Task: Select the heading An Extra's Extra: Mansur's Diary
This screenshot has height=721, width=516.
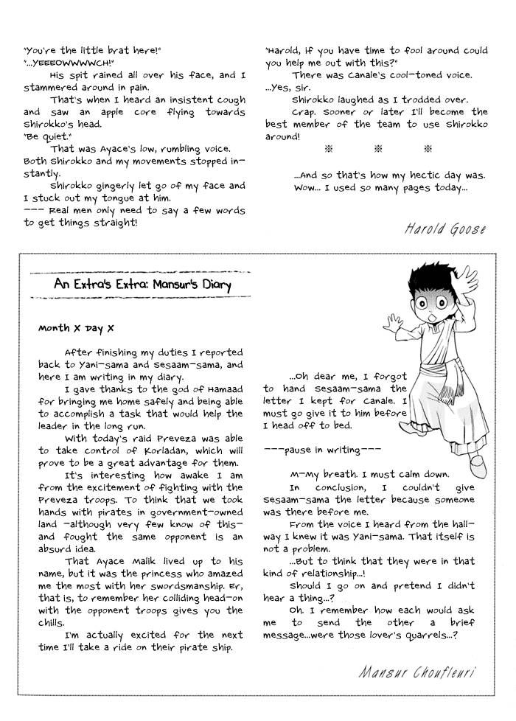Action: click(x=142, y=284)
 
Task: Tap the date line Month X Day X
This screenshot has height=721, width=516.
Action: click(x=76, y=328)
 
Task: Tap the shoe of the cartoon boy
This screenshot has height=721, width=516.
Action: click(x=476, y=464)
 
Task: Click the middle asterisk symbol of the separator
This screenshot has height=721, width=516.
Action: click(x=378, y=149)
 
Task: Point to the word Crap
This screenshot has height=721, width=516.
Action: click(x=304, y=112)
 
